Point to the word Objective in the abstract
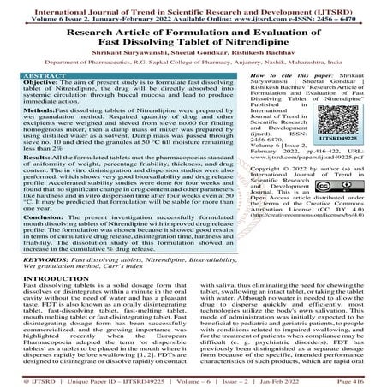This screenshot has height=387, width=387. tap(40, 84)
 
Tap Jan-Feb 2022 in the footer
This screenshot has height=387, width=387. tap(305, 379)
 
